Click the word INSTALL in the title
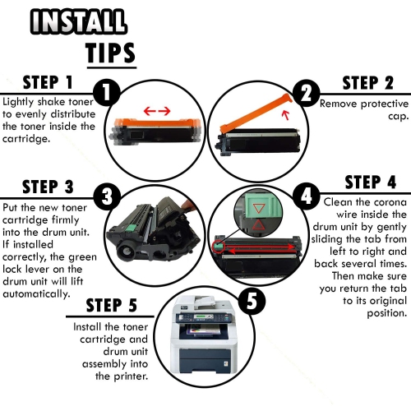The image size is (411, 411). click(x=78, y=21)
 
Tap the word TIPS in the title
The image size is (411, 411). click(x=110, y=53)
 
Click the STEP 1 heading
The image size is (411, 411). click(x=48, y=82)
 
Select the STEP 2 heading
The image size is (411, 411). click(x=367, y=83)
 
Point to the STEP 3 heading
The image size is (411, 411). click(x=48, y=187)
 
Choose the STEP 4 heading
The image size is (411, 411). click(x=371, y=182)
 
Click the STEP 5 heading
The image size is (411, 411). click(x=111, y=305)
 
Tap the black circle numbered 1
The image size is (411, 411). click(x=107, y=93)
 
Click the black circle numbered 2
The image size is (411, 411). click(x=306, y=94)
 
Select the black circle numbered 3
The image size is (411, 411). click(x=107, y=196)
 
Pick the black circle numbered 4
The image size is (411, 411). click(x=306, y=196)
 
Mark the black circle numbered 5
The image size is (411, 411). click(x=252, y=301)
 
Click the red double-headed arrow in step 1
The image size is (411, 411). click(x=157, y=111)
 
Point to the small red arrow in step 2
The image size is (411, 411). click(x=286, y=115)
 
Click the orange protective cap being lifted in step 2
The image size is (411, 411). click(x=256, y=113)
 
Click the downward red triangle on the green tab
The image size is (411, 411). click(x=258, y=208)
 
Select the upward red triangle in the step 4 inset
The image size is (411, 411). click(x=258, y=224)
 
